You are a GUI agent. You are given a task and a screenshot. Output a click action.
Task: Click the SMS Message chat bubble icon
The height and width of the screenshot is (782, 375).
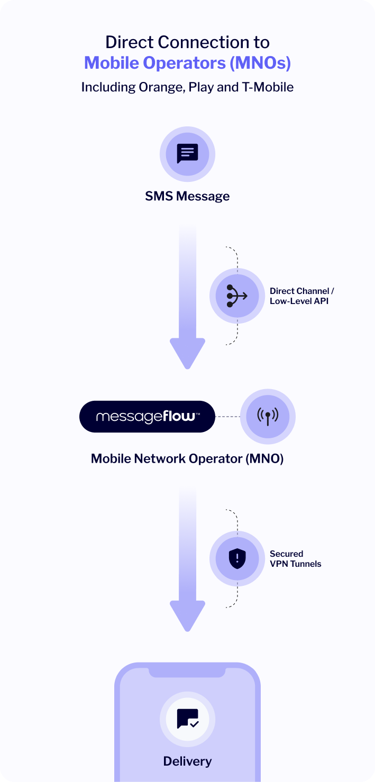tap(187, 154)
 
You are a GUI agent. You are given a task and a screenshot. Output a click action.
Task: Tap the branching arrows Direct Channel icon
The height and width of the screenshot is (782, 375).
tap(237, 296)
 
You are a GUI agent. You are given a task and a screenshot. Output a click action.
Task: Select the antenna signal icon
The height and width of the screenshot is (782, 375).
tap(268, 417)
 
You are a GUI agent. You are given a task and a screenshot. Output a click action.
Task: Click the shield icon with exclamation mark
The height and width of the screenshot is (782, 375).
tap(237, 559)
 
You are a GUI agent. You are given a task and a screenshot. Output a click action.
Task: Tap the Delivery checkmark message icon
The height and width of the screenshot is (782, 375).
tap(187, 718)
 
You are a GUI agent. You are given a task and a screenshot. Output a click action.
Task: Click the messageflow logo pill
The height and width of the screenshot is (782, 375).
tap(148, 417)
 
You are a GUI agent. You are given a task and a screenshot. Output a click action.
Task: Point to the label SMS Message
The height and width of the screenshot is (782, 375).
tap(187, 196)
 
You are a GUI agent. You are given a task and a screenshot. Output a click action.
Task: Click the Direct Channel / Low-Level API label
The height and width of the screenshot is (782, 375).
tap(301, 296)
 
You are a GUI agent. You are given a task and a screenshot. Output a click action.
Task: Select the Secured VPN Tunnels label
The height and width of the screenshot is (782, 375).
tap(295, 559)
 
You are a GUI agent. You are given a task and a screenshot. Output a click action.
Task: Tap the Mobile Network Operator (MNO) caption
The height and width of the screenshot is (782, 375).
tap(187, 458)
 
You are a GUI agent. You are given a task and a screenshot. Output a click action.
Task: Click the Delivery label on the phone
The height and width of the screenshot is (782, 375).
tap(187, 761)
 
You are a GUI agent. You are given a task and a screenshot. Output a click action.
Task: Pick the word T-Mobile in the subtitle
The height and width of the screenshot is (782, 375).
tap(268, 87)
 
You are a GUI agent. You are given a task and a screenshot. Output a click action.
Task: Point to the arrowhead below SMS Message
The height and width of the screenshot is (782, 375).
tap(187, 353)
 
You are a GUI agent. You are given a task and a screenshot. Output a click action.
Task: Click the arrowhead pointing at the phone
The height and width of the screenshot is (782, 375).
tap(187, 615)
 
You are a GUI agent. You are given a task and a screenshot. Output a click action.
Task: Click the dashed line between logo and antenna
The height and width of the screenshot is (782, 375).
tap(227, 417)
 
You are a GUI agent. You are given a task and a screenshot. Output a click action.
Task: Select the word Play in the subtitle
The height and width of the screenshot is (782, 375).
tap(200, 87)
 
